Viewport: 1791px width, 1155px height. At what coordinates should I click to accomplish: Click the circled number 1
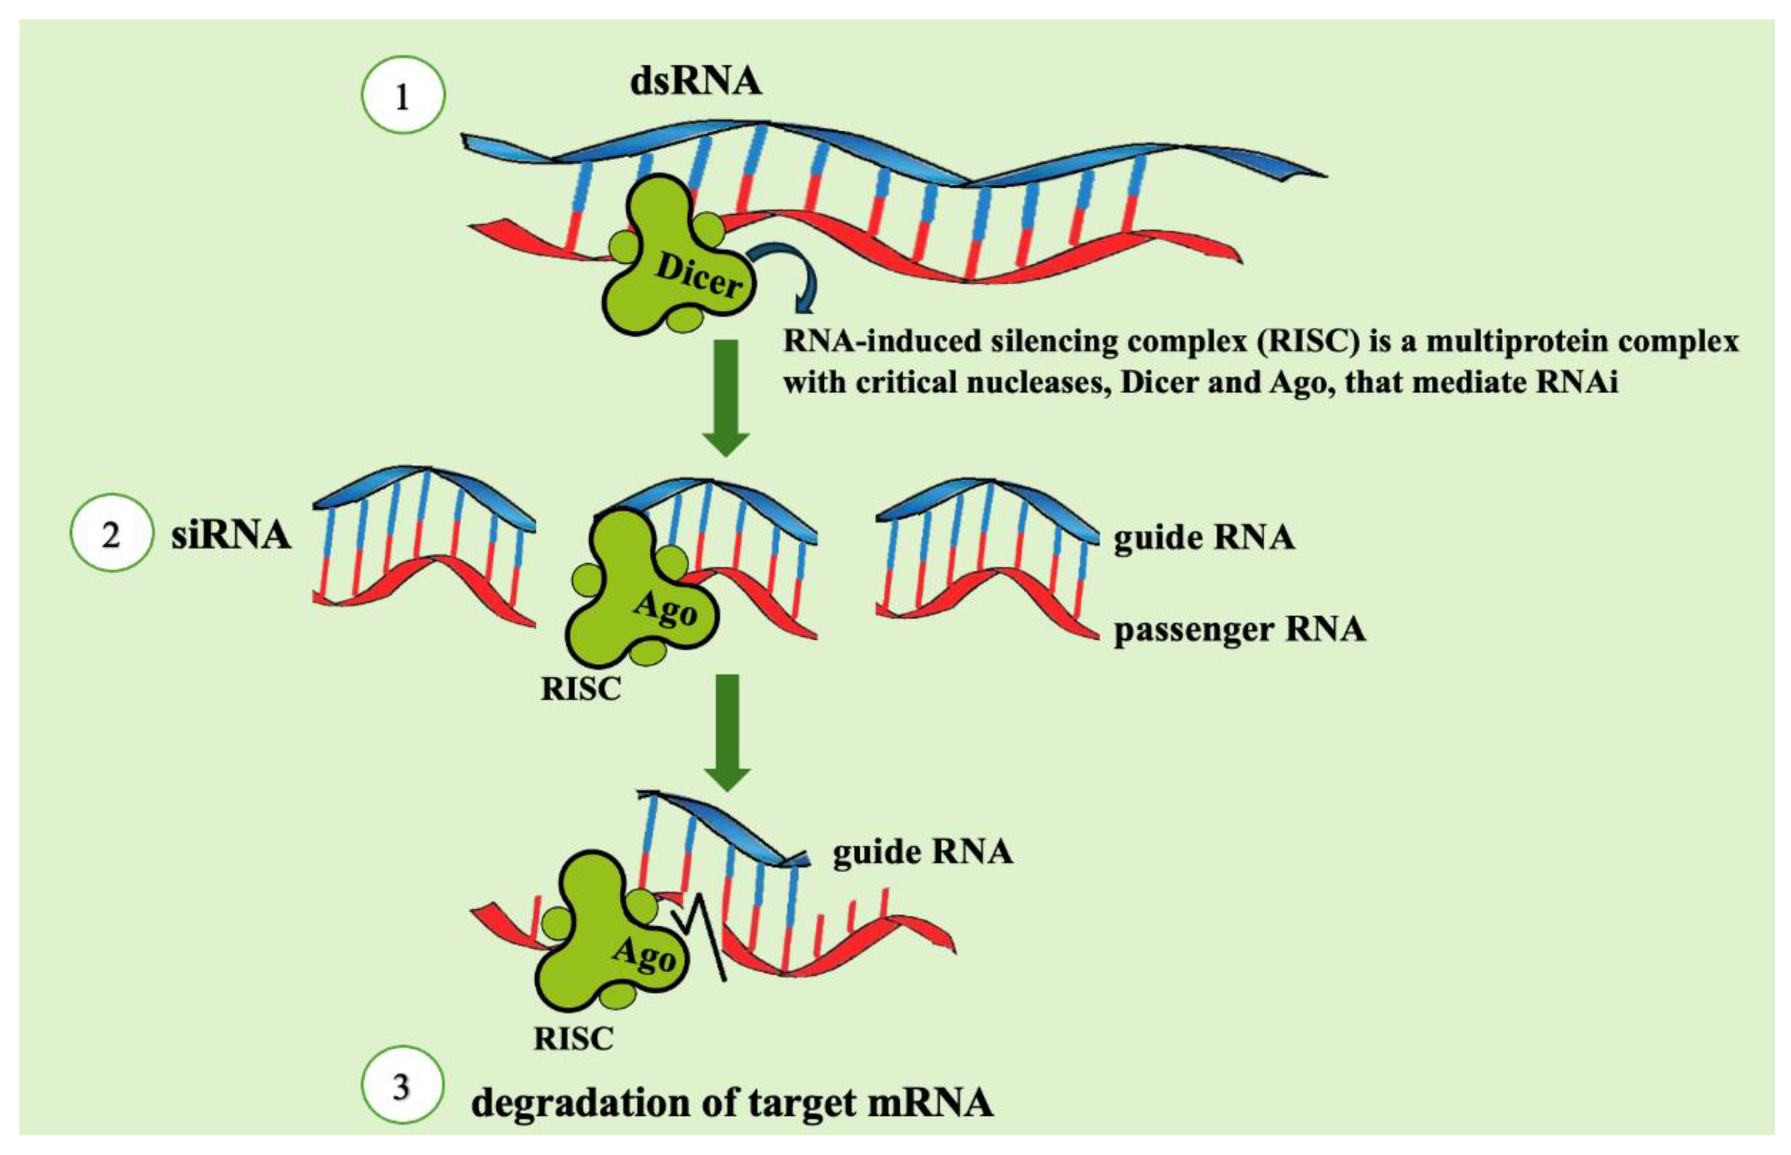click(403, 96)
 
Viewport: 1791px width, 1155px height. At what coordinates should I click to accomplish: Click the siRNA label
click(231, 535)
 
